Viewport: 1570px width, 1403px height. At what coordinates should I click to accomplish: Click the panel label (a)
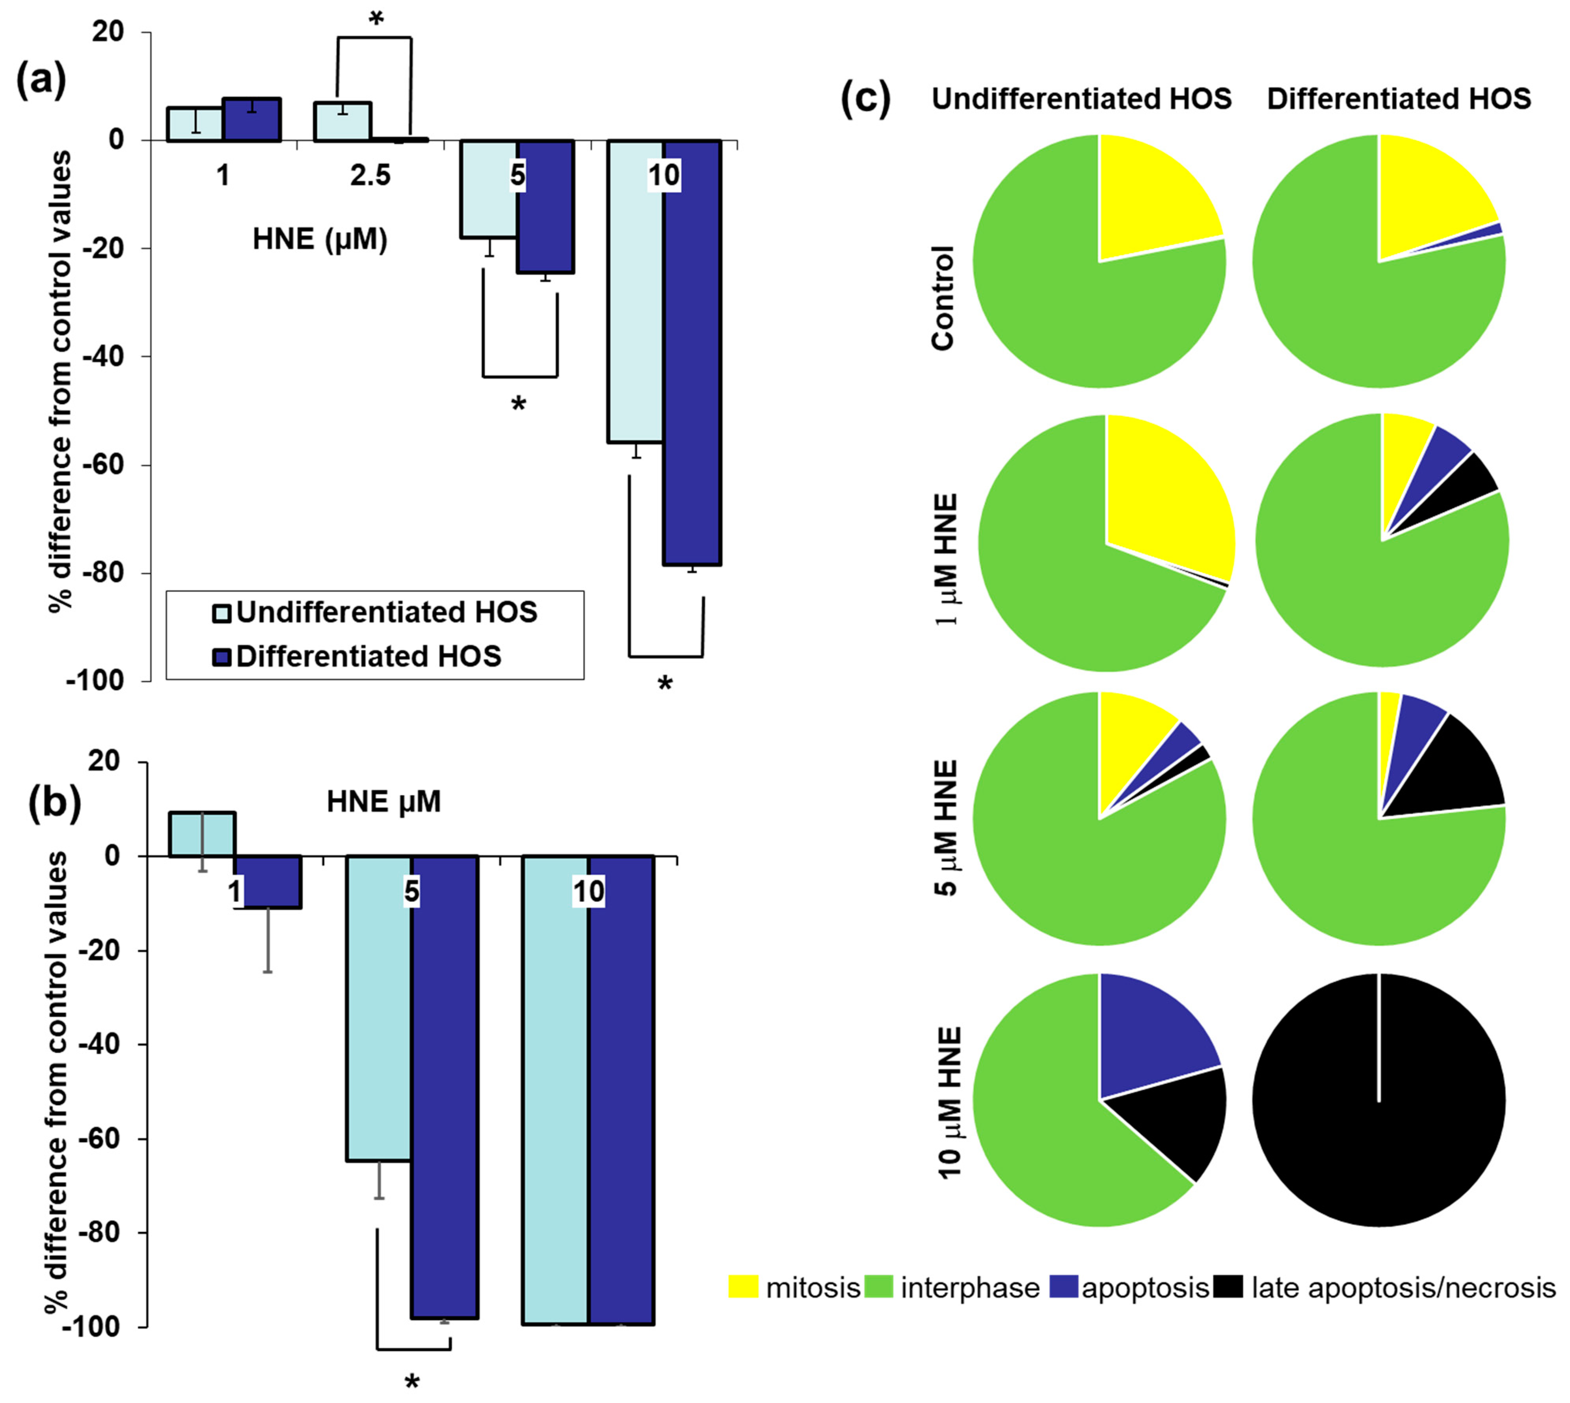point(41,80)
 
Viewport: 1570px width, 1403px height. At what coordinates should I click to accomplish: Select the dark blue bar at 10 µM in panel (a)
point(692,352)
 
